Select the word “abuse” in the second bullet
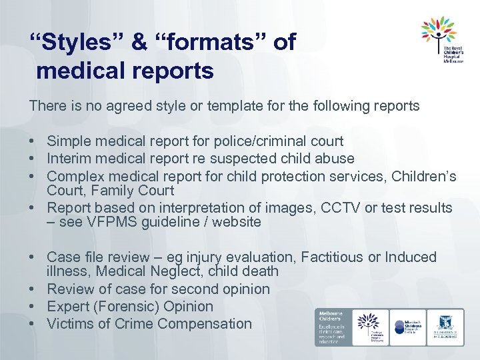[x=335, y=159]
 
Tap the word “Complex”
[x=74, y=177]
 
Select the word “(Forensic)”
[x=127, y=307]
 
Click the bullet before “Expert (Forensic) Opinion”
[x=33, y=307]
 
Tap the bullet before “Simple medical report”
[x=33, y=141]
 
